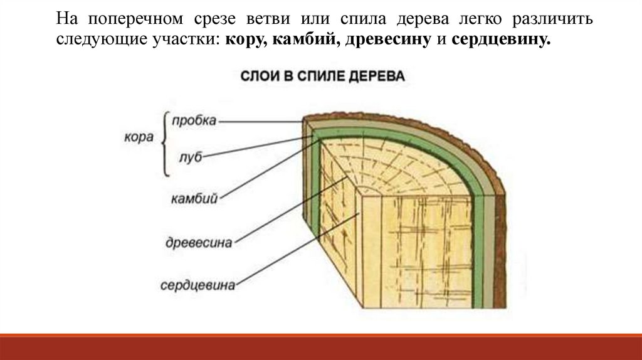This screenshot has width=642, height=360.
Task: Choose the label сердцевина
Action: [x=197, y=285]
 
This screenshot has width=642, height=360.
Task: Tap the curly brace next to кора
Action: [x=164, y=144]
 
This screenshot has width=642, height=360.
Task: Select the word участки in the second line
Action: [x=186, y=40]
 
